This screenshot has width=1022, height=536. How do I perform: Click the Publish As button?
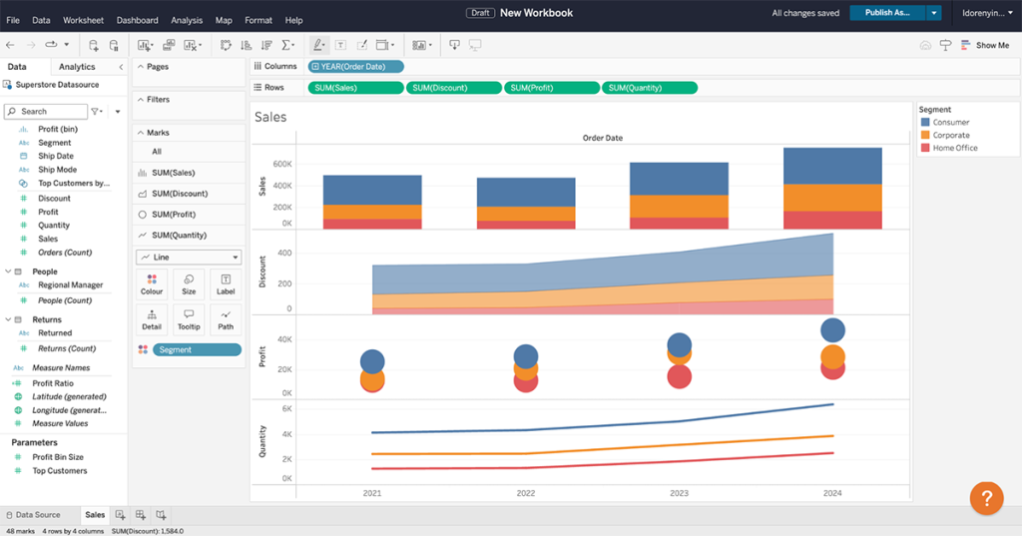[x=886, y=13]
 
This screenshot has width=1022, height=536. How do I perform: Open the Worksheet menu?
[x=83, y=20]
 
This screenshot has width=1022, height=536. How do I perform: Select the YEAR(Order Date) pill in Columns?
[x=355, y=67]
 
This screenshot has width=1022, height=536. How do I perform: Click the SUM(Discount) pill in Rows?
[x=453, y=88]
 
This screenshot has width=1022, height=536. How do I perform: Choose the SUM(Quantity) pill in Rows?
[x=649, y=88]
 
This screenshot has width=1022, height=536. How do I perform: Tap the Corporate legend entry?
[x=950, y=135]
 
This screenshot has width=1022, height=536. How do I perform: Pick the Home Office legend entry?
[x=954, y=148]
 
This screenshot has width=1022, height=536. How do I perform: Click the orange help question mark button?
[x=985, y=498]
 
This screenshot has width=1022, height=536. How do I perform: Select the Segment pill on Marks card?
[x=196, y=349]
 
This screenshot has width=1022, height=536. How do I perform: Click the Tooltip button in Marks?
[x=189, y=318]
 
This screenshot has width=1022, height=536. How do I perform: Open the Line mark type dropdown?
[x=189, y=258]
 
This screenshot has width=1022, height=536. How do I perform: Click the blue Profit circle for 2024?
[x=832, y=330]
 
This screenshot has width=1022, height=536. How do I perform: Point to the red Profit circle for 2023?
[x=679, y=376]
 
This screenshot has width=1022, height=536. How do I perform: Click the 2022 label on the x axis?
[x=525, y=493]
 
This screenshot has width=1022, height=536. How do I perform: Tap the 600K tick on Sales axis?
[x=281, y=164]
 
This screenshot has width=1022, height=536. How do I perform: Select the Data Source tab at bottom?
[x=37, y=515]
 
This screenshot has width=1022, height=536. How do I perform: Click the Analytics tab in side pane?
[x=77, y=67]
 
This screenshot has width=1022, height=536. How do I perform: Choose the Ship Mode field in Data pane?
[x=57, y=170]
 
